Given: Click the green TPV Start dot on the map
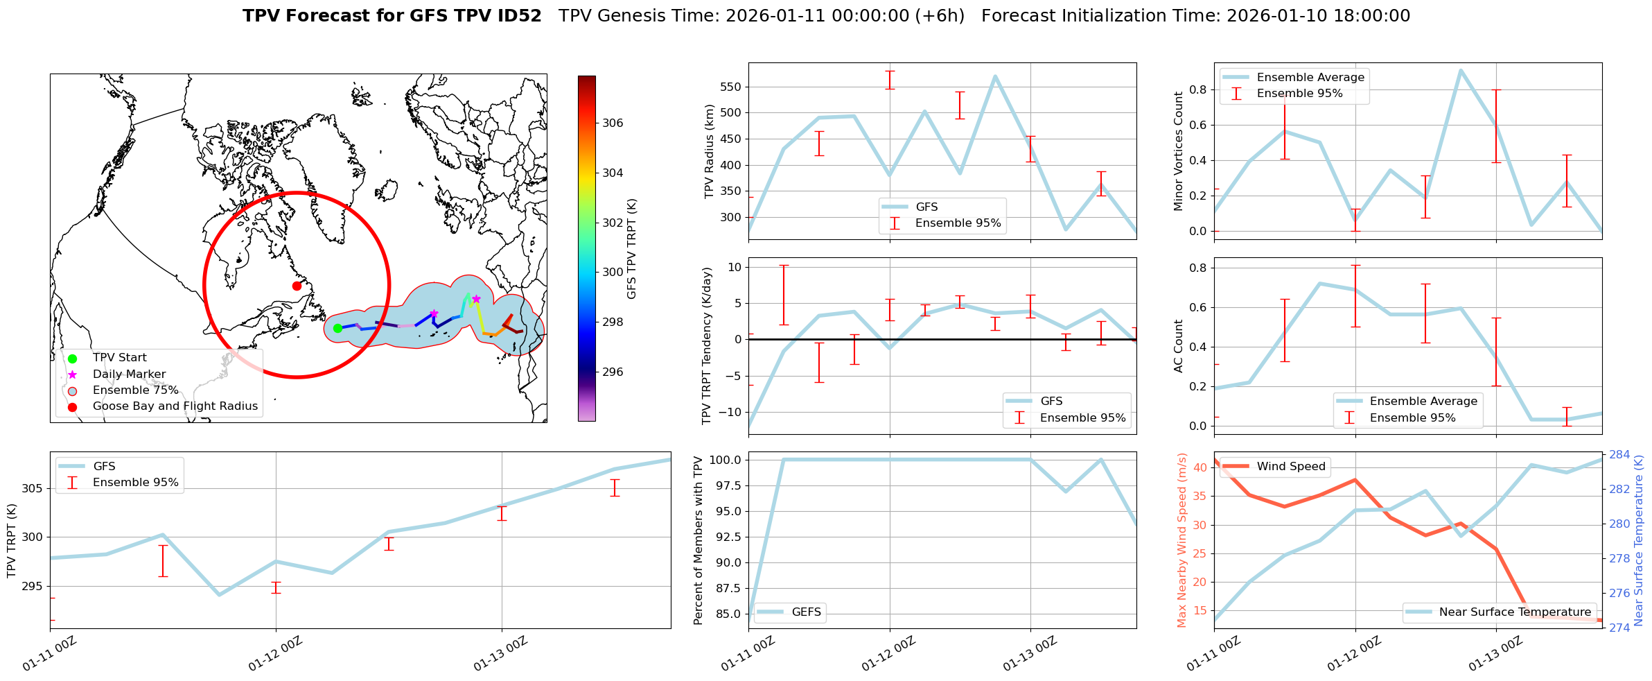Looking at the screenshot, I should click(x=337, y=328).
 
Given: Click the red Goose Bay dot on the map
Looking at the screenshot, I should click(x=297, y=286).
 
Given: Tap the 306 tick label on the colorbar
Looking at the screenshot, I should click(x=613, y=123).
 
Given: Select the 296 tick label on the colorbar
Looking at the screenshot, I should click(x=613, y=372).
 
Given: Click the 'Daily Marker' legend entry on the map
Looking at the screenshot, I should click(x=129, y=374).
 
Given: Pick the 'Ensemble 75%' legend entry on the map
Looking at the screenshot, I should click(x=135, y=390).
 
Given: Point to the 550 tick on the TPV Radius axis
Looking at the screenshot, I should click(x=730, y=87).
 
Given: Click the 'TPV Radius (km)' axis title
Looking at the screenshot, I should click(x=709, y=151).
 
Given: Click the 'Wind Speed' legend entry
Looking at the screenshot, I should click(x=1290, y=466).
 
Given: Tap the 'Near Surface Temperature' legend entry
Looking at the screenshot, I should click(x=1515, y=612).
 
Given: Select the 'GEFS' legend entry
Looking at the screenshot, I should click(x=806, y=612).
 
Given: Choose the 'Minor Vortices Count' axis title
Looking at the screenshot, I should click(x=1179, y=151).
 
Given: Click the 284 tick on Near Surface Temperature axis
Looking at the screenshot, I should click(x=1619, y=455).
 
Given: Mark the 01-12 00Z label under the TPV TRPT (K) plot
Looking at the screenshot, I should click(x=275, y=654).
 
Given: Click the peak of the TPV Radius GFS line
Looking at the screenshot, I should click(x=995, y=76).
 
